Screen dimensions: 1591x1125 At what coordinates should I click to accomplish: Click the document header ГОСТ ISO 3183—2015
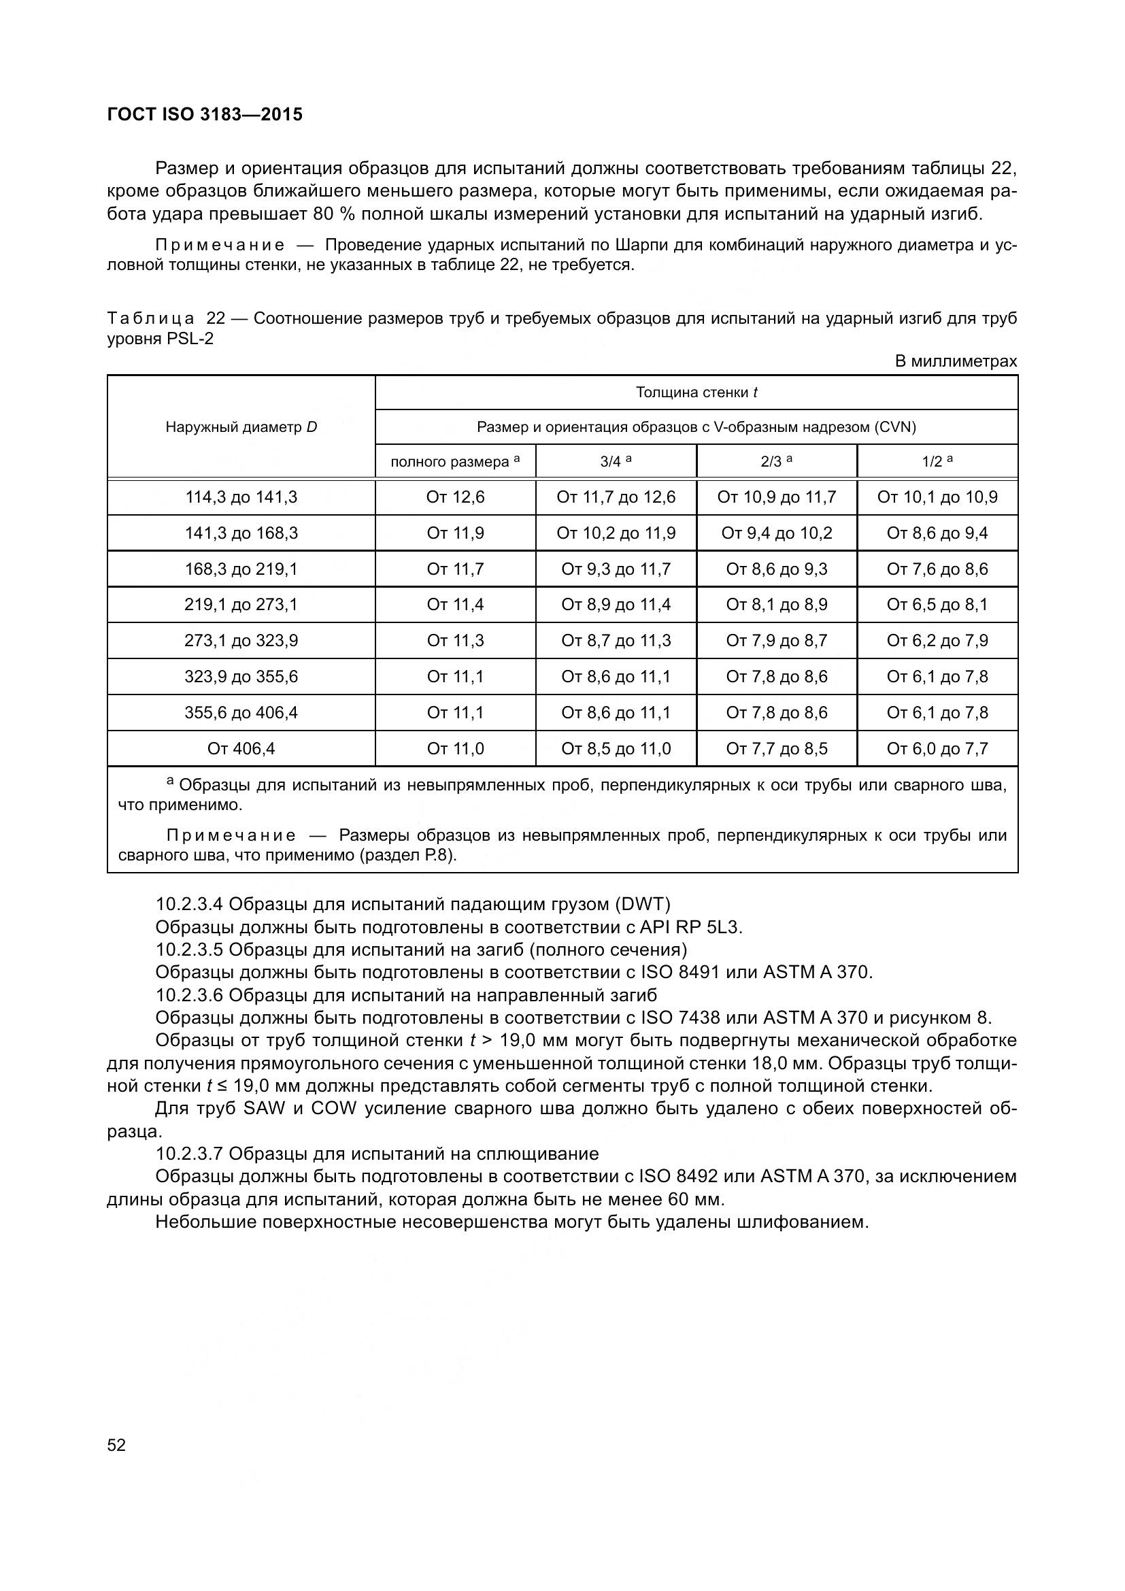point(205,114)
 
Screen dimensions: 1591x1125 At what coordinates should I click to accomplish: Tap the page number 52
point(116,1445)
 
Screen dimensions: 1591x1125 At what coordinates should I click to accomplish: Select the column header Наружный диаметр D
point(241,427)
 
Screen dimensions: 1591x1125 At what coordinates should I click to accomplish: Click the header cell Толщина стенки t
point(696,392)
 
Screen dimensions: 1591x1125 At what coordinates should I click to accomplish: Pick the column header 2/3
point(777,461)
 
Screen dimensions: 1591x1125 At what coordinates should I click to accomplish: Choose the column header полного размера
point(455,461)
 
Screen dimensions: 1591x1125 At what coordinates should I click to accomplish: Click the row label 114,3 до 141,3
point(241,497)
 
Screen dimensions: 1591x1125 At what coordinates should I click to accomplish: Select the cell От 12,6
point(455,497)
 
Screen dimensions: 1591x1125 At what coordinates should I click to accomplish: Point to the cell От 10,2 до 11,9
point(616,533)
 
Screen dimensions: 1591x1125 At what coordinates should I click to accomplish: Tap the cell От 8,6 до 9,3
point(777,569)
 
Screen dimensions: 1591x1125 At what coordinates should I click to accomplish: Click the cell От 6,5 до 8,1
point(937,605)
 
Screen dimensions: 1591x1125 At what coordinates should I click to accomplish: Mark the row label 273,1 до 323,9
point(241,640)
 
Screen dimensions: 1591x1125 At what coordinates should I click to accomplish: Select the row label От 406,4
point(241,748)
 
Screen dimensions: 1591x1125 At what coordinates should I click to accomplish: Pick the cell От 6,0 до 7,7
point(937,748)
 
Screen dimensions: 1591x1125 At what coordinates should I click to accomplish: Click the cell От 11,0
point(455,748)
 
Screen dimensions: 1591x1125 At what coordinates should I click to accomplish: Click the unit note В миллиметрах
point(956,361)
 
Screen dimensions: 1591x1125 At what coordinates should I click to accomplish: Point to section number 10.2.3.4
point(189,904)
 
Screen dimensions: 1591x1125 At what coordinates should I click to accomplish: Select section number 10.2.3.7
point(189,1154)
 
